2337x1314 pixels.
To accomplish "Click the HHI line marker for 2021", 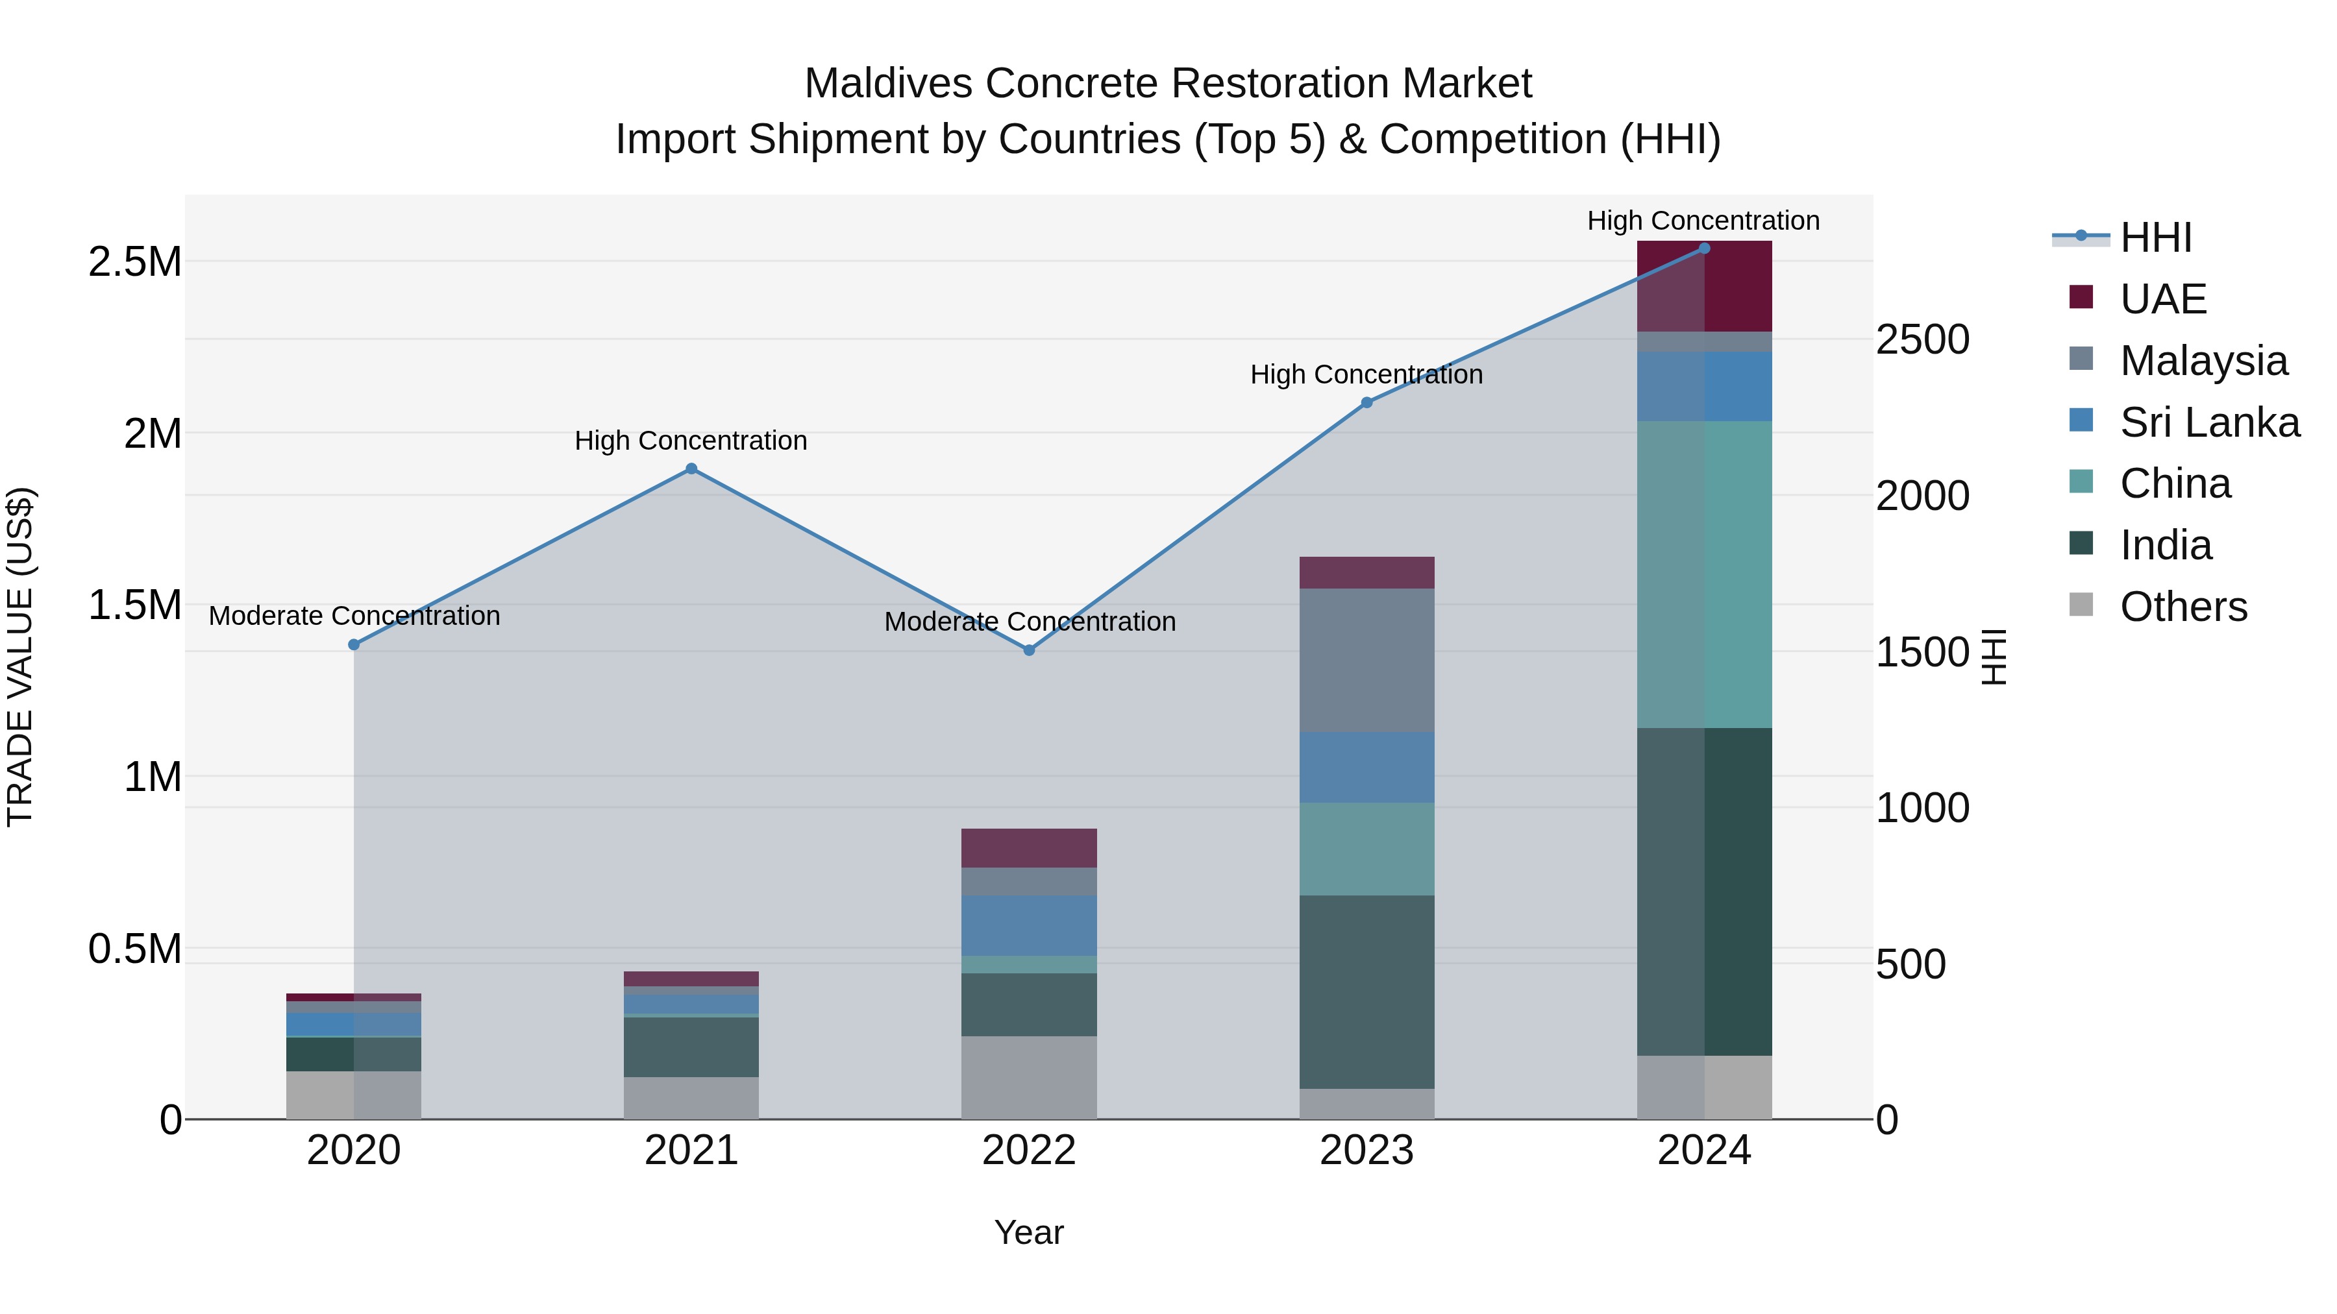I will point(691,469).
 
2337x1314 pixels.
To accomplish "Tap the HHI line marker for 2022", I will point(1029,650).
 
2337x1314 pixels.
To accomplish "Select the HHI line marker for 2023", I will point(1366,402).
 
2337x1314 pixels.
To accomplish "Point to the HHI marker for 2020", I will point(354,645).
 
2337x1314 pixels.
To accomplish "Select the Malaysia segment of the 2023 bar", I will point(1366,660).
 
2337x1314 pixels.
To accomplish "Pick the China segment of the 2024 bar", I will point(1704,574).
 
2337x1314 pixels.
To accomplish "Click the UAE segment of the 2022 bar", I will point(1029,848).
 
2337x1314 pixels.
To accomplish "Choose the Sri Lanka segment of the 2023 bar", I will point(1366,767).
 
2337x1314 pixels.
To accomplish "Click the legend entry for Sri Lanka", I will point(2209,422).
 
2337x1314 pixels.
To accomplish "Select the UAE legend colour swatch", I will point(2081,297).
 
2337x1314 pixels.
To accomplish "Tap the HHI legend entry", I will point(2155,237).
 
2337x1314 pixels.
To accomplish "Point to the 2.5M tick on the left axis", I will point(134,262).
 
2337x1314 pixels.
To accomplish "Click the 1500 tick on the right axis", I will point(1922,652).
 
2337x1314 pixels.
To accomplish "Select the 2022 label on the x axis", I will point(1029,1150).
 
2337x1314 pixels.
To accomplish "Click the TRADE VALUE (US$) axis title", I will point(20,657).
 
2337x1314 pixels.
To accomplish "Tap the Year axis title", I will point(1029,1232).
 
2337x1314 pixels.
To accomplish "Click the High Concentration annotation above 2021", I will point(691,441).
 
